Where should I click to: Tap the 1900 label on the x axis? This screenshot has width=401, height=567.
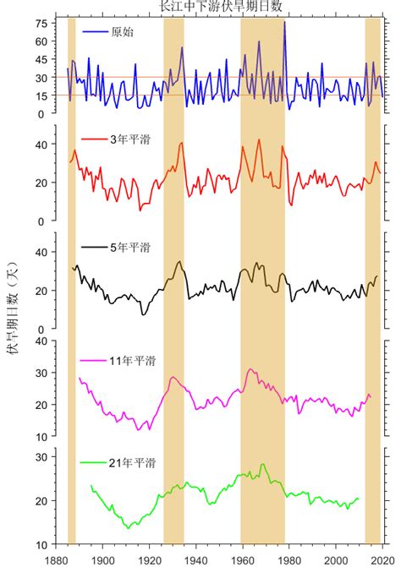tap(102, 559)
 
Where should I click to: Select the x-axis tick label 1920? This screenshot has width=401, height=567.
tap(149, 559)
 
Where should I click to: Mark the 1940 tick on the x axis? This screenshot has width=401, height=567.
tap(196, 559)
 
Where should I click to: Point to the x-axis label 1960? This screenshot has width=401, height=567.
tap(243, 559)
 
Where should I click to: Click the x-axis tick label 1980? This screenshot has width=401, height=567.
tap(289, 559)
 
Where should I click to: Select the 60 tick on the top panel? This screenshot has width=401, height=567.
tap(41, 41)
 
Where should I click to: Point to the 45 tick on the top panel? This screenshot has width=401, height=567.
tap(41, 59)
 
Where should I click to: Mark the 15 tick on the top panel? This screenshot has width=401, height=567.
tap(41, 95)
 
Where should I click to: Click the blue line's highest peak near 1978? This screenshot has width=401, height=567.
tap(284, 22)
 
